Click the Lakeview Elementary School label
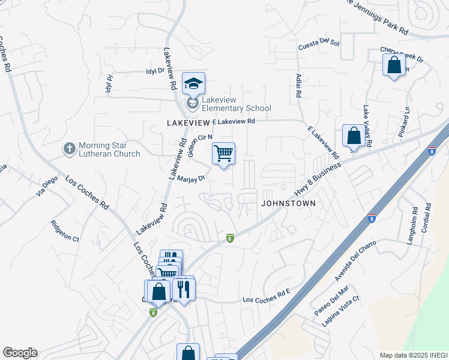click(235, 104)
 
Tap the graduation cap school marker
click(193, 83)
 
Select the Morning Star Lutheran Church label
click(109, 149)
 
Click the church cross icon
click(70, 147)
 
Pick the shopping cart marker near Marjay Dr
click(223, 154)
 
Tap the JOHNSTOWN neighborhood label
click(288, 203)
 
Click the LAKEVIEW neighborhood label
click(187, 122)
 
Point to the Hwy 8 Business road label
click(316, 179)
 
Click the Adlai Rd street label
click(298, 86)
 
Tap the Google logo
click(20, 353)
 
